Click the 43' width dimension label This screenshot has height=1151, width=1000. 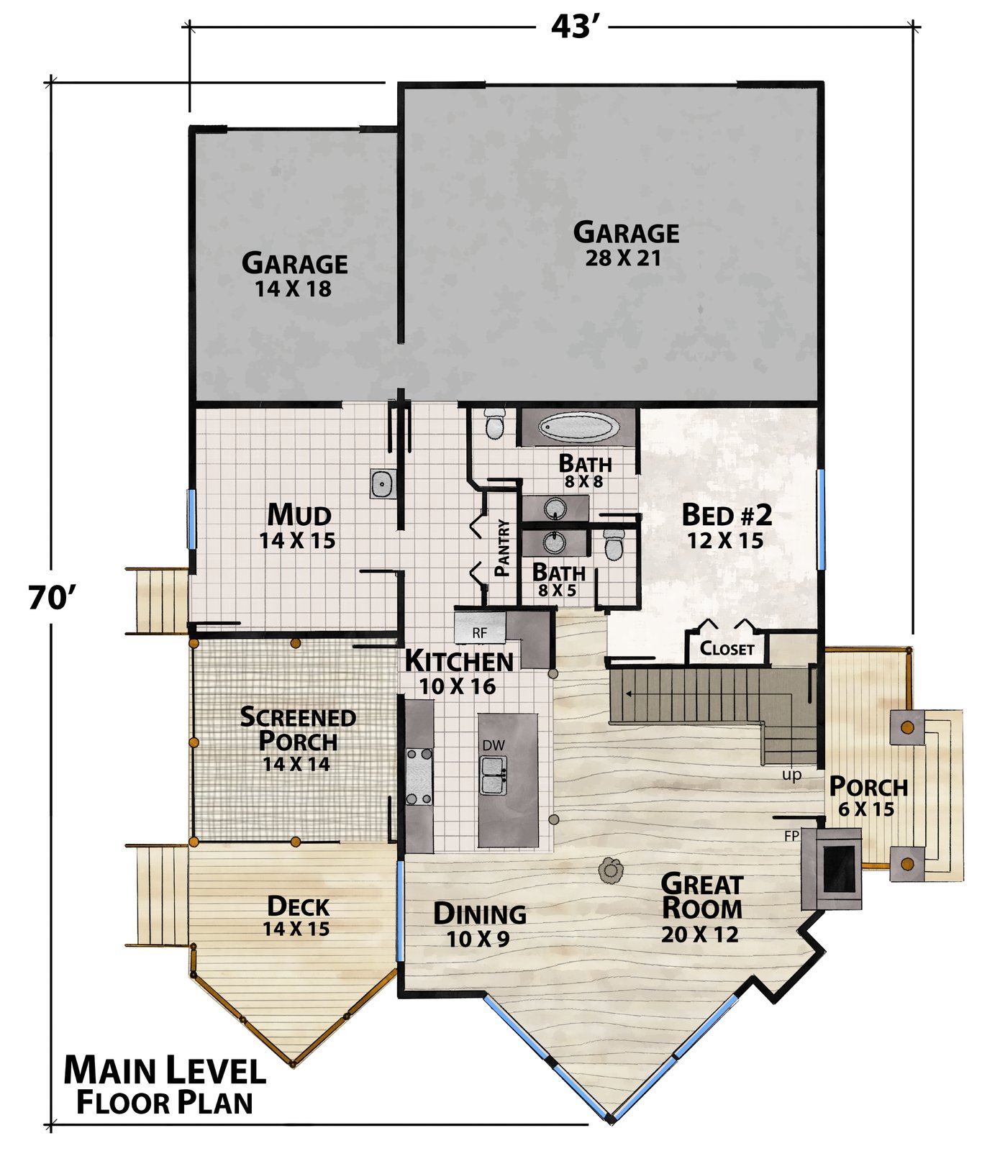pyautogui.click(x=576, y=27)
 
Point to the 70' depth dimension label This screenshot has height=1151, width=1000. pyautogui.click(x=52, y=597)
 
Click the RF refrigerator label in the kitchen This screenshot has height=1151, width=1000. pyautogui.click(x=479, y=633)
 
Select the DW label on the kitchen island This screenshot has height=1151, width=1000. pyautogui.click(x=494, y=745)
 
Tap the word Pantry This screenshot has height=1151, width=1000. pyautogui.click(x=503, y=548)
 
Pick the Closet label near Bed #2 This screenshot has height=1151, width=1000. pyautogui.click(x=727, y=649)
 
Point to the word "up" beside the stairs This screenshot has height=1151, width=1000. pyautogui.click(x=791, y=776)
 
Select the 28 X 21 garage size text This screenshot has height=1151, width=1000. pyautogui.click(x=622, y=258)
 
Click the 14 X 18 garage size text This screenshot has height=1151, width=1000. pyautogui.click(x=293, y=289)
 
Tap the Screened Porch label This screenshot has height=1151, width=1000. pyautogui.click(x=298, y=729)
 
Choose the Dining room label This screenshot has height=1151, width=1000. pyautogui.click(x=480, y=914)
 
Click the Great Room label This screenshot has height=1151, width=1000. pyautogui.click(x=701, y=896)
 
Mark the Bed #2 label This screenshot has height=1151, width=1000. pyautogui.click(x=727, y=515)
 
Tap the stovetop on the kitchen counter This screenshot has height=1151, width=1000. pyautogui.click(x=419, y=776)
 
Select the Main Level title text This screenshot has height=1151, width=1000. pyautogui.click(x=165, y=1070)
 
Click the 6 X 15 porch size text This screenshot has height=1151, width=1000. pyautogui.click(x=866, y=809)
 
